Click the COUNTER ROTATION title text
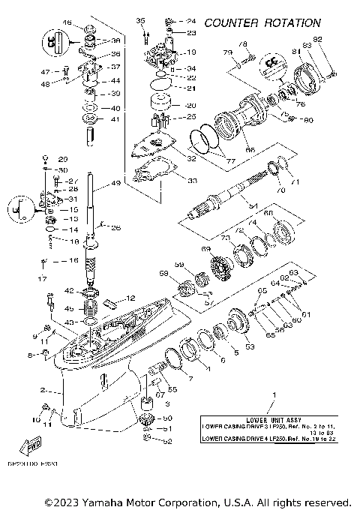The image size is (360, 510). [277, 24]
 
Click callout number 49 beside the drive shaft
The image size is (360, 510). [115, 183]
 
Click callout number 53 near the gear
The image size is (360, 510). [249, 346]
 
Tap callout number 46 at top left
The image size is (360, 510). [67, 25]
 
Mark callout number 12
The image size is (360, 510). [130, 298]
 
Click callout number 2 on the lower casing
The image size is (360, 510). [44, 391]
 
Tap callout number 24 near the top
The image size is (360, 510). [190, 20]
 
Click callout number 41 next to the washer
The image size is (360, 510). [115, 119]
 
